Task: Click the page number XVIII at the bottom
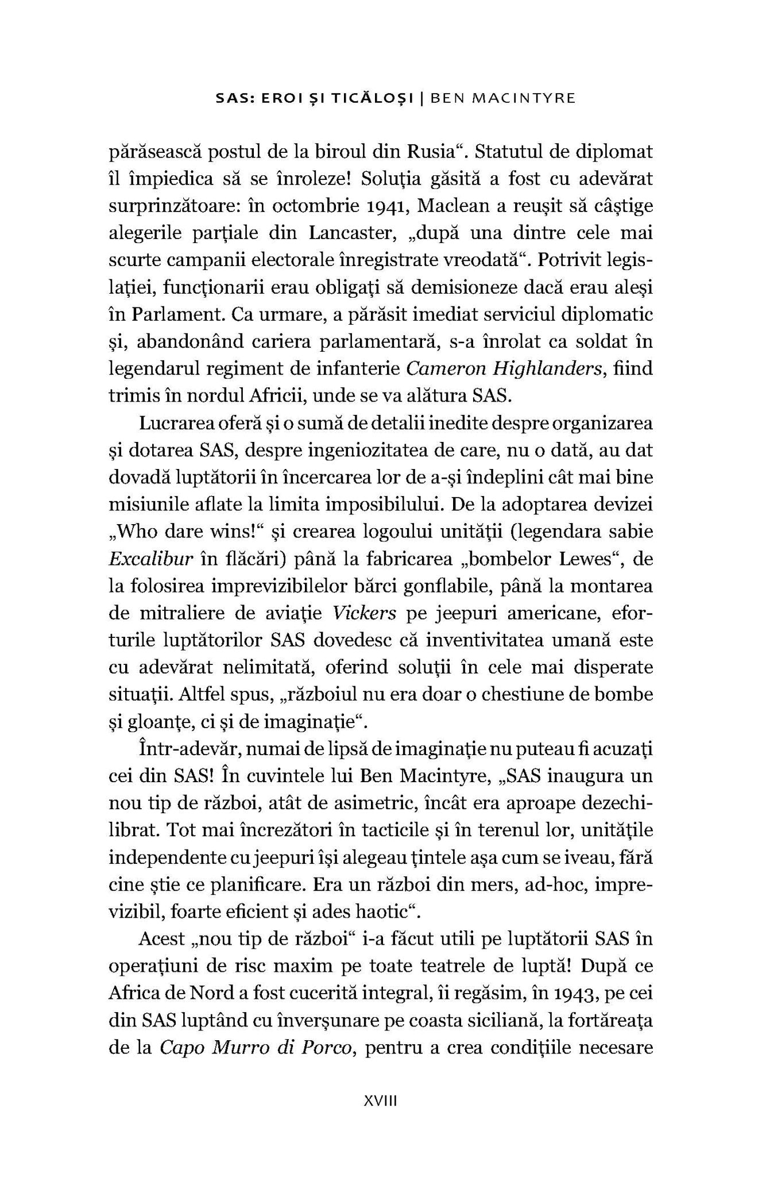pyautogui.click(x=381, y=1102)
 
